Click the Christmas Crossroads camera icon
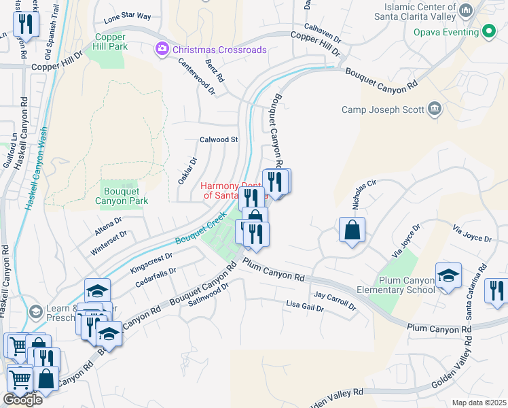(x=162, y=50)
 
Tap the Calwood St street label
(x=218, y=139)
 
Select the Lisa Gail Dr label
(x=305, y=307)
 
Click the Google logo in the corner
(x=22, y=399)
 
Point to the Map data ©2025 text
(x=478, y=403)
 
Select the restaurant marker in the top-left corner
(x=26, y=24)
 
